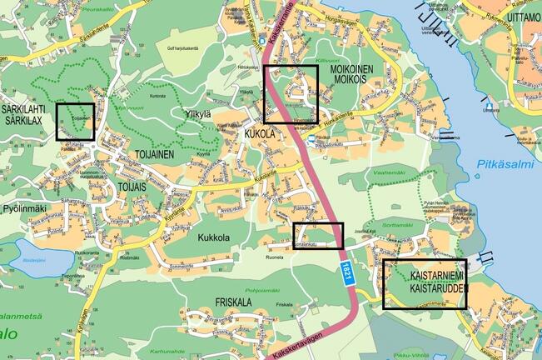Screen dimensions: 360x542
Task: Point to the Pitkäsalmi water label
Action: (505, 165)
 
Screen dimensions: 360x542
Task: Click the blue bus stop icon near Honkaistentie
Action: (311, 137)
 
